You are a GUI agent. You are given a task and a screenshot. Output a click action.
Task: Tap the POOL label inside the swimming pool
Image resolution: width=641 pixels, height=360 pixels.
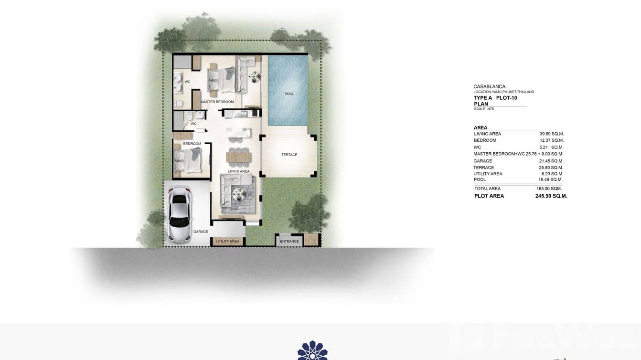click(289, 94)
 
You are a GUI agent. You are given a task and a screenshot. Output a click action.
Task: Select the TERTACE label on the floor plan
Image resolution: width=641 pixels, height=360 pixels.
click(289, 155)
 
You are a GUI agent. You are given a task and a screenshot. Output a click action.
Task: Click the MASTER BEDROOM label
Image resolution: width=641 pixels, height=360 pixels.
click(217, 102)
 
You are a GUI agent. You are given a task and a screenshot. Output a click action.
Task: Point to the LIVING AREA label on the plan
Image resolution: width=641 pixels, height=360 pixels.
click(238, 171)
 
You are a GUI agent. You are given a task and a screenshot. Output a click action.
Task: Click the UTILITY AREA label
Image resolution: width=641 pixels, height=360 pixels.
click(228, 242)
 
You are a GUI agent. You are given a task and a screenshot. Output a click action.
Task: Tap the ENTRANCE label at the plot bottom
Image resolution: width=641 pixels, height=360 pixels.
click(289, 242)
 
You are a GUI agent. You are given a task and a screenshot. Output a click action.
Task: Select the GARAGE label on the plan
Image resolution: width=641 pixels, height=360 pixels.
click(201, 232)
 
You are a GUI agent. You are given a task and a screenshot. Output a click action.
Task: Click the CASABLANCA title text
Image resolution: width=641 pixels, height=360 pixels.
click(489, 87)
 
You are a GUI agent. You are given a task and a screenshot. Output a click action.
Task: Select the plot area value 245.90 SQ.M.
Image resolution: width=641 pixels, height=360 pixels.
click(551, 196)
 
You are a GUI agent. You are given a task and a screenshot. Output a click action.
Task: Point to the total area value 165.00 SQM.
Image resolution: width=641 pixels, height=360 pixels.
click(549, 189)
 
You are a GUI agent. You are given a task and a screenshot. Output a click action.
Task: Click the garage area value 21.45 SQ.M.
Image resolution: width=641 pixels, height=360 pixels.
click(551, 161)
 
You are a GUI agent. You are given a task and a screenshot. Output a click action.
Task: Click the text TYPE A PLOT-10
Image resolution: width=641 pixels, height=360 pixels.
click(495, 98)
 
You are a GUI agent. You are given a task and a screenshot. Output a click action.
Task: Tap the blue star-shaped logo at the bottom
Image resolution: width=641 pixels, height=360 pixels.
click(312, 351)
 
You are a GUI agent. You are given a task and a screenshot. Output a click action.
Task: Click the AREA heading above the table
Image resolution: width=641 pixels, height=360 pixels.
click(481, 127)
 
